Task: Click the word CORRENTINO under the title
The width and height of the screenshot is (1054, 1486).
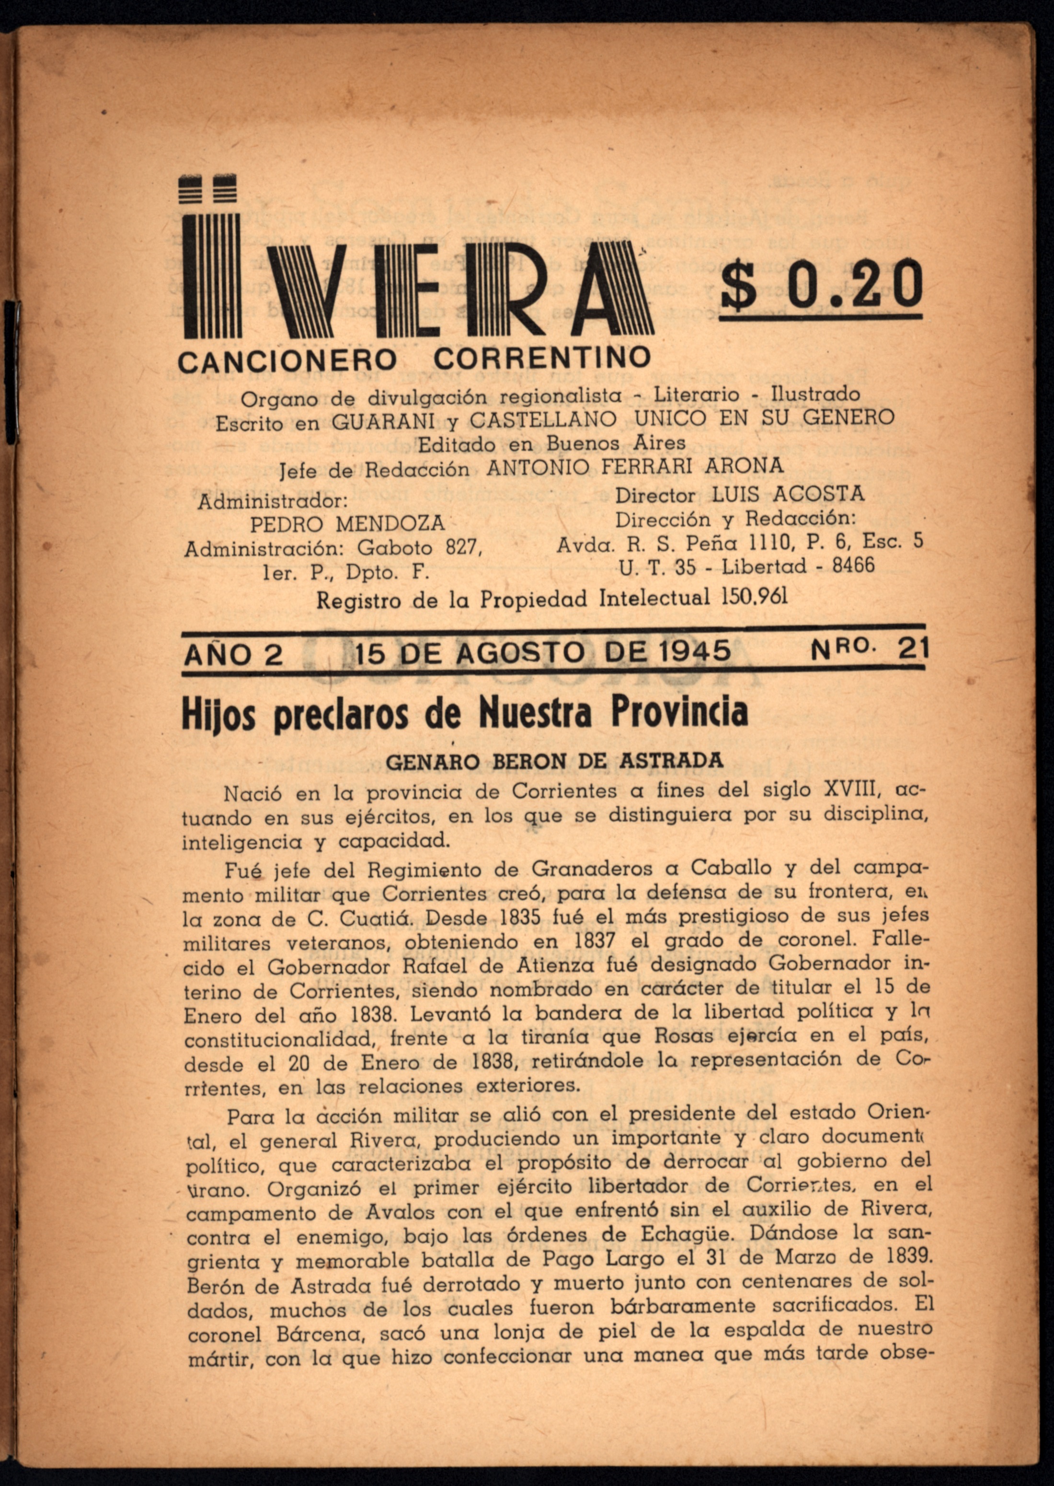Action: [x=542, y=358]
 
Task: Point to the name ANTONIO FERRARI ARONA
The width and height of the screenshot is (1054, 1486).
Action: [x=635, y=465]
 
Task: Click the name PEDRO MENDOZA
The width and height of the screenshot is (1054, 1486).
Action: [x=347, y=523]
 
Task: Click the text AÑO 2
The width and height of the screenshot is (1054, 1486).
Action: [x=234, y=654]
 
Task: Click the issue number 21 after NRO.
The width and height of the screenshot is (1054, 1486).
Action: [x=913, y=648]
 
